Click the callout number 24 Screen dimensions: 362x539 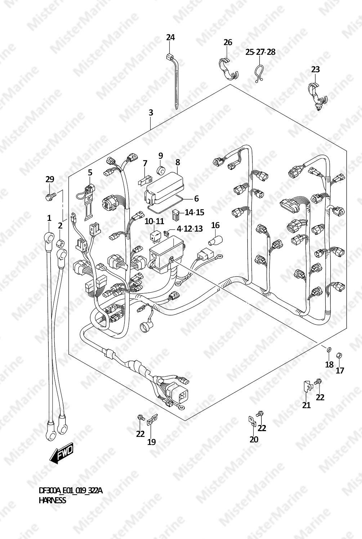click(170, 38)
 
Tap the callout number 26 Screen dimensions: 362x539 click(228, 42)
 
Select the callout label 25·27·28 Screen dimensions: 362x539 click(260, 52)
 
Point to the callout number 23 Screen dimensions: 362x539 click(316, 70)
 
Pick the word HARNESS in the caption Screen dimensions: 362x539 click(52, 501)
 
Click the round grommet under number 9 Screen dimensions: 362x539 click(161, 170)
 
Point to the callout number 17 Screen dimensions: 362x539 click(340, 371)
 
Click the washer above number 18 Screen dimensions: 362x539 click(329, 349)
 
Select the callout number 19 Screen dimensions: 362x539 click(152, 442)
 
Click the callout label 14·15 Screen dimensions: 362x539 click(195, 212)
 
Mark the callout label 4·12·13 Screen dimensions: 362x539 click(190, 229)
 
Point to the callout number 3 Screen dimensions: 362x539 click(151, 113)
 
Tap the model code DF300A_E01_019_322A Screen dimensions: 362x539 click(71, 491)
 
